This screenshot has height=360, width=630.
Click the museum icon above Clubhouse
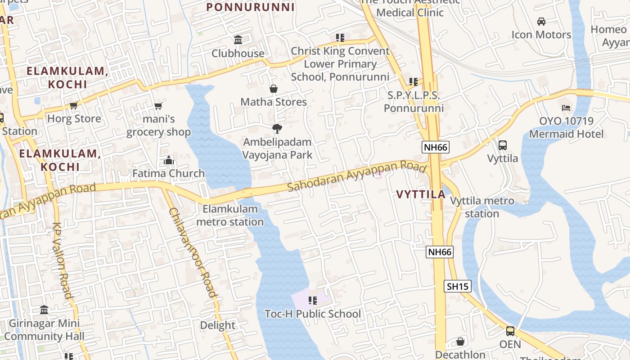238,40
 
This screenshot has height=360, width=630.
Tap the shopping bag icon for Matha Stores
273,89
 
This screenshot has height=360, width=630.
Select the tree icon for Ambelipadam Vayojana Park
277,129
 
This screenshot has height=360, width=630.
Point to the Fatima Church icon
169,160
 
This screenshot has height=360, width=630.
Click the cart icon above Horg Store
74,105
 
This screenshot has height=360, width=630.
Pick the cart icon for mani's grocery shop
158,106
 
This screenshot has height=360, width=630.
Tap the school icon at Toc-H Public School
312,300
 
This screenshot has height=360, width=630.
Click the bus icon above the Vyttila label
503,145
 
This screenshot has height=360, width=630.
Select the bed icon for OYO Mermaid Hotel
566,108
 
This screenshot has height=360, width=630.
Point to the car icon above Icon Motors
541,21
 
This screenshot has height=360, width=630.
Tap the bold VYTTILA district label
421,194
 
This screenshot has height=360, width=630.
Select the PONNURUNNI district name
251,7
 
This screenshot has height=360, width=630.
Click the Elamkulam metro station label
230,215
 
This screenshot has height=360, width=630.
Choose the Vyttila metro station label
482,207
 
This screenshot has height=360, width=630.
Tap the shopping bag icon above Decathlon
460,342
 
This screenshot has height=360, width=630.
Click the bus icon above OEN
510,331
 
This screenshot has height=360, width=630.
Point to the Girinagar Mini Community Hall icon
44,310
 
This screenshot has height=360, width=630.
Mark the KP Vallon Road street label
62,261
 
